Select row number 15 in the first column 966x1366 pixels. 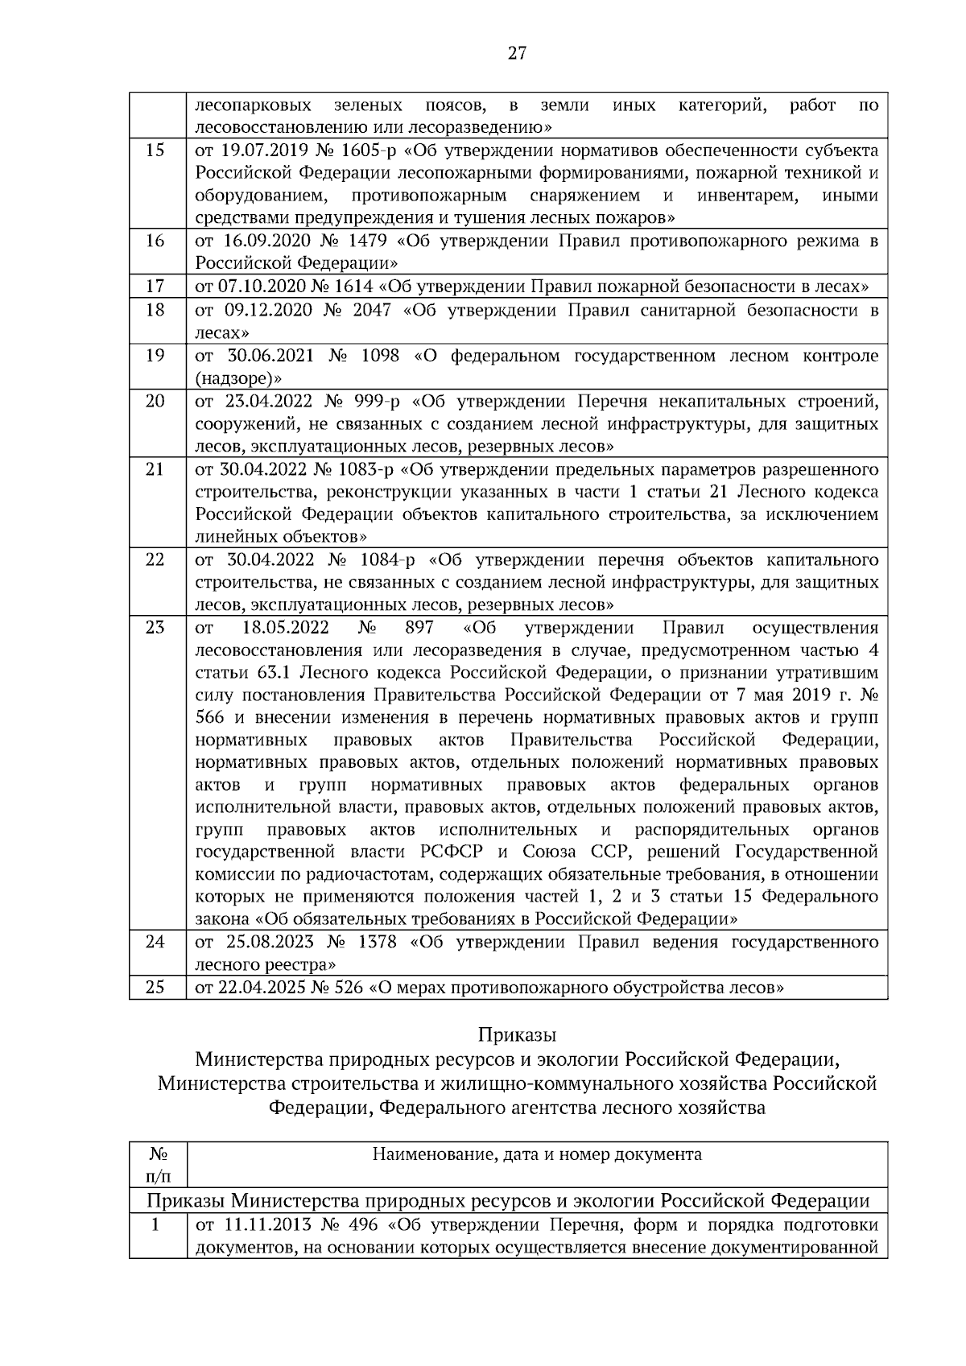pos(156,151)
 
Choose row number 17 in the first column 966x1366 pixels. pos(156,287)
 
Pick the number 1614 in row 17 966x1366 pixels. pos(352,287)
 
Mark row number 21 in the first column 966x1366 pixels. pos(156,469)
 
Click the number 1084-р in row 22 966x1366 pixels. pos(388,559)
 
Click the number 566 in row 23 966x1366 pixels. pos(210,718)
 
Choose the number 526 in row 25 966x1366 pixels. pos(349,987)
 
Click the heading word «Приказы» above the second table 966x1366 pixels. pos(517,1034)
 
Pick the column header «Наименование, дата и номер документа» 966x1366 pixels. pos(537,1154)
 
